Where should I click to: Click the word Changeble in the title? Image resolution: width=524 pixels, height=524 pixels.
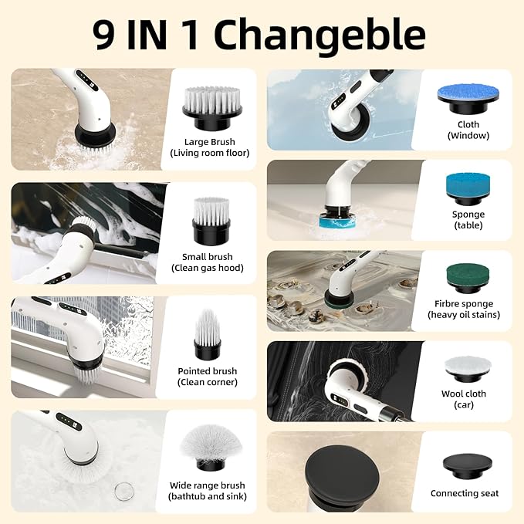click(x=319, y=35)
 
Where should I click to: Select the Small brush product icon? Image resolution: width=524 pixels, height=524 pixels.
click(x=211, y=218)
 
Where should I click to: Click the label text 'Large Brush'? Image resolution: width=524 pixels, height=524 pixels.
click(x=209, y=142)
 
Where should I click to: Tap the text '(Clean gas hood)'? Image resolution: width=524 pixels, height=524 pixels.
click(x=208, y=269)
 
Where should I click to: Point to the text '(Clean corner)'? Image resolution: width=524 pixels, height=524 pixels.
click(x=208, y=383)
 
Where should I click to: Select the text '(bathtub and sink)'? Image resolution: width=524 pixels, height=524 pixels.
click(x=208, y=497)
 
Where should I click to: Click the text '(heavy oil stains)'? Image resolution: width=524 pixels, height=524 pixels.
click(x=464, y=315)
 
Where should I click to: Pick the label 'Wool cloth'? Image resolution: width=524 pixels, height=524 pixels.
click(x=465, y=394)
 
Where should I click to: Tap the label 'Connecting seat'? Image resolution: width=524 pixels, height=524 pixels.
click(x=465, y=493)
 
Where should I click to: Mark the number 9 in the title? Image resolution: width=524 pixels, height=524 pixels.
click(x=103, y=35)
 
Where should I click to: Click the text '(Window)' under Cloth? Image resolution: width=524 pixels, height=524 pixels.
click(x=468, y=136)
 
